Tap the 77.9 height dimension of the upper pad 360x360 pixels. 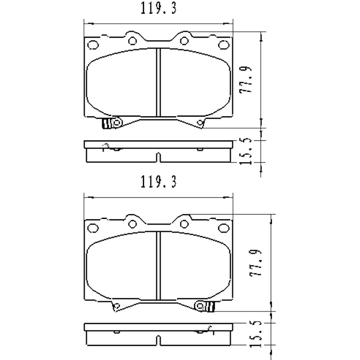coord(247,80)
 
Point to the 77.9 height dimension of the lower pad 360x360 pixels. coord(255,264)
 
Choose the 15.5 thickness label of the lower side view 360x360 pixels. coord(254,335)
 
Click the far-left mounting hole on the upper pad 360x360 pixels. coord(93,45)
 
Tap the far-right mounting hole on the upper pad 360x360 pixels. coord(224,45)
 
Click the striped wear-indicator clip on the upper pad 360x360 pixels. coord(107,124)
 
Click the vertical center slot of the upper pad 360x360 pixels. coord(158,83)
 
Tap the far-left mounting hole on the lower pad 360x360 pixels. coord(93,228)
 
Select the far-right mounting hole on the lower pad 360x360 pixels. coord(224,228)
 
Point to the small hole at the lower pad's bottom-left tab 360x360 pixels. coord(116,307)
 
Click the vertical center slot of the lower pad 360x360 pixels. coord(158,266)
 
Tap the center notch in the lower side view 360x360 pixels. coord(158,339)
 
